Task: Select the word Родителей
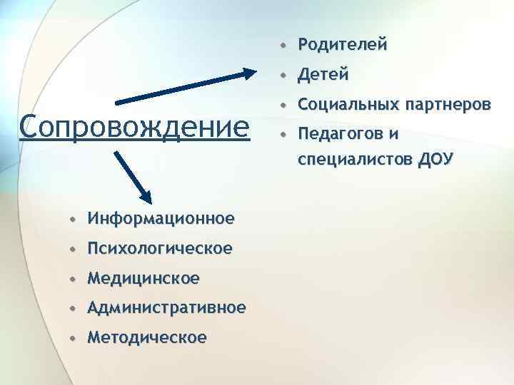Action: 343,45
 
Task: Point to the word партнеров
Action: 448,105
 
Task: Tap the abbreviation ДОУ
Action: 435,158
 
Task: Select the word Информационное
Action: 161,218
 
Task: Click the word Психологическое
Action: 160,248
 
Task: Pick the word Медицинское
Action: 143,277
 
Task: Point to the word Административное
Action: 166,307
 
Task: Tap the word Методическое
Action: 147,337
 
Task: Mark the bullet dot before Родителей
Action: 284,46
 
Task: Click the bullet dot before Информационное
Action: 74,219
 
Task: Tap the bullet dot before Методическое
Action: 74,337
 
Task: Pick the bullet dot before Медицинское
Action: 74,278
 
